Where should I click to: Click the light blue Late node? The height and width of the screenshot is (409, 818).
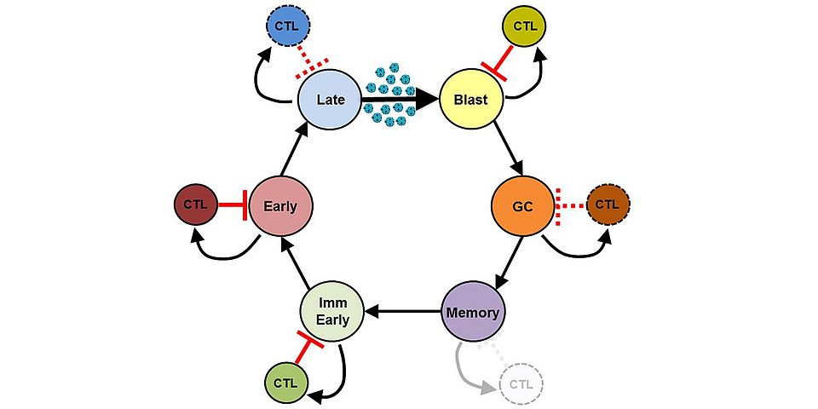pyautogui.click(x=330, y=100)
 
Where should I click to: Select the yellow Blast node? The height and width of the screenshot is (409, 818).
pyautogui.click(x=470, y=100)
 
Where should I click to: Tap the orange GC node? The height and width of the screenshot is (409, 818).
pyautogui.click(x=522, y=205)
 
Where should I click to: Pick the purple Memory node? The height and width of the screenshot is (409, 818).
pyautogui.click(x=473, y=313)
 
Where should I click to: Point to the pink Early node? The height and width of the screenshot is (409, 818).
pyautogui.click(x=280, y=205)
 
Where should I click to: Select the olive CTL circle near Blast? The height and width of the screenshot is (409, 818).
pyautogui.click(x=526, y=26)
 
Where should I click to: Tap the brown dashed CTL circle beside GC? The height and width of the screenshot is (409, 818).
pyautogui.click(x=607, y=204)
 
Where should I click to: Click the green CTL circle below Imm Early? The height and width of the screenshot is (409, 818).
pyautogui.click(x=285, y=383)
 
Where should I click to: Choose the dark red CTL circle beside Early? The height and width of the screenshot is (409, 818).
pyautogui.click(x=195, y=204)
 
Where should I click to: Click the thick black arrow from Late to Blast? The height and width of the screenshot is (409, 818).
pyautogui.click(x=400, y=100)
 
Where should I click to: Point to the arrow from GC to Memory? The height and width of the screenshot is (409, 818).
pyautogui.click(x=509, y=259)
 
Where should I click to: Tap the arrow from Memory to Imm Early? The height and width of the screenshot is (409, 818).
pyautogui.click(x=402, y=313)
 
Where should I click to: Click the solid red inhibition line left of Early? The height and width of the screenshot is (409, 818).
pyautogui.click(x=233, y=205)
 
